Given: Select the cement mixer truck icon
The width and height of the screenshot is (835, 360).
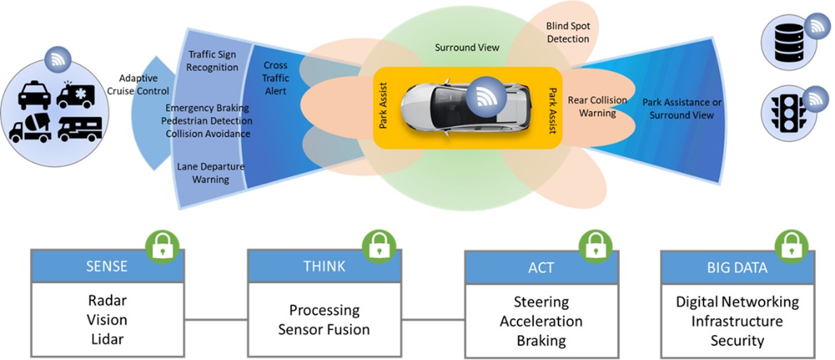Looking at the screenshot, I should coord(30,128).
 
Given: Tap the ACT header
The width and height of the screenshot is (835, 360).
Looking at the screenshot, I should coord(541,268).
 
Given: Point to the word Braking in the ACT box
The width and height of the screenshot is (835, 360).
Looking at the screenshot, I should coord(541,340).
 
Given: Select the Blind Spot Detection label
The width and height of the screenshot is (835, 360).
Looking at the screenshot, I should coord(568,33).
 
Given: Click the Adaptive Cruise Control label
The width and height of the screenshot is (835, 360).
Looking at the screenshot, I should coord(144,85).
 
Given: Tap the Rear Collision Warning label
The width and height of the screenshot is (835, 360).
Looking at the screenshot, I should coord(597,107).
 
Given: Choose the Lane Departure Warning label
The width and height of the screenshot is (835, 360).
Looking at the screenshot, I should coord(210,173).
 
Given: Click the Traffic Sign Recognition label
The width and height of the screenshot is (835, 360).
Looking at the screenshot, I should coord(213,61).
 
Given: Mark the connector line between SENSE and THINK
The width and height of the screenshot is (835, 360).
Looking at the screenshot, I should coord(216,319).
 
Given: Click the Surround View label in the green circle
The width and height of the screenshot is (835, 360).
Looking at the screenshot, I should coord(467,48).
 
